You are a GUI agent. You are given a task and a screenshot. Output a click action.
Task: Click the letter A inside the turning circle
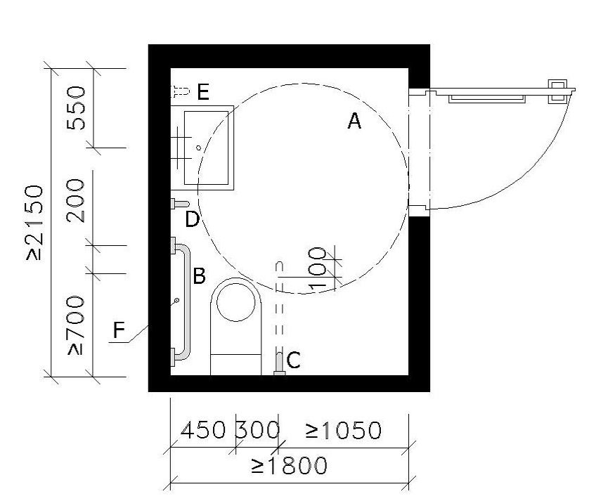pyautogui.click(x=354, y=122)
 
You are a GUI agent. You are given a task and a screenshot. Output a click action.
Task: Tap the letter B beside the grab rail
pyautogui.click(x=199, y=276)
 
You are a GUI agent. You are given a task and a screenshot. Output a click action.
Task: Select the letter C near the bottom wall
pyautogui.click(x=294, y=360)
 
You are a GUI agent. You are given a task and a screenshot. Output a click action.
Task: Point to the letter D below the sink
pyautogui.click(x=193, y=219)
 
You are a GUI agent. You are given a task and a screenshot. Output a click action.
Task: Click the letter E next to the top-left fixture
pyautogui.click(x=203, y=92)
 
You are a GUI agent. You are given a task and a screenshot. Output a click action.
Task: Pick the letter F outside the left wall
pyautogui.click(x=119, y=330)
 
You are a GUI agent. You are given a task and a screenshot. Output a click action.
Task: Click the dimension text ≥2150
pyautogui.click(x=35, y=223)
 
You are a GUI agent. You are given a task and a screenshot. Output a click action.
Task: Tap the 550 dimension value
pyautogui.click(x=76, y=108)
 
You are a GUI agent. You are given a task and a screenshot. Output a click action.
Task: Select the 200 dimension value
pyautogui.click(x=75, y=200)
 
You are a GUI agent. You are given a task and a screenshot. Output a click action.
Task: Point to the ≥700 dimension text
pyautogui.click(x=76, y=325)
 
